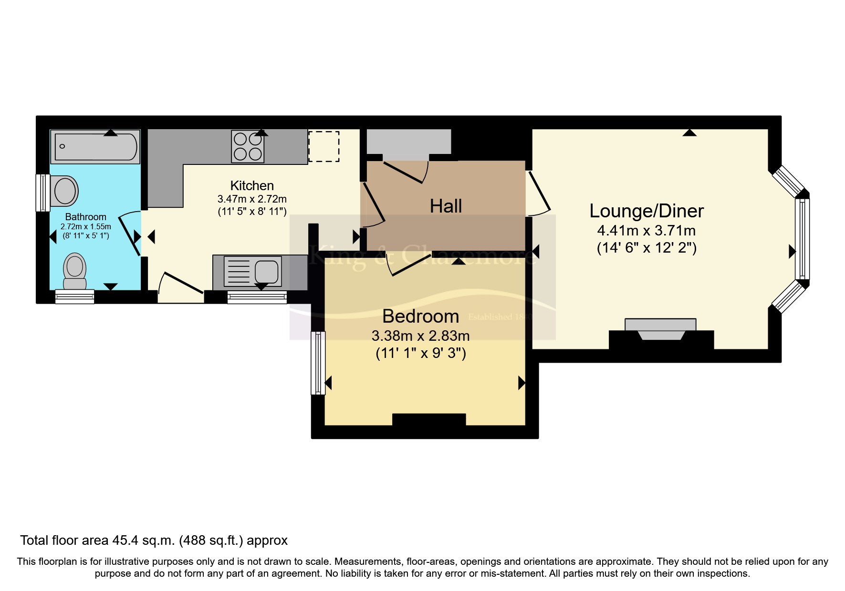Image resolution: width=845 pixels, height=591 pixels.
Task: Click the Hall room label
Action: [446, 206]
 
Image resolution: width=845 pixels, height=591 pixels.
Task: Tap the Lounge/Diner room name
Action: [647, 211]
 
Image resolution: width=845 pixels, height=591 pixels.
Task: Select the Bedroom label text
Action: [420, 316]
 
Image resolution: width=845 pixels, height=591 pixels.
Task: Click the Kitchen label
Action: [252, 185]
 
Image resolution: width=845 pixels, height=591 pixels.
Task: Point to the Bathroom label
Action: [85, 217]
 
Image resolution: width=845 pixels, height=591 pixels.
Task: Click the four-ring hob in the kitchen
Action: [248, 146]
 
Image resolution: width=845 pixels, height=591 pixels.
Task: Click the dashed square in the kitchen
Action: [323, 146]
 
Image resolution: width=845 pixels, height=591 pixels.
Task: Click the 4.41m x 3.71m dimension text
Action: [647, 231]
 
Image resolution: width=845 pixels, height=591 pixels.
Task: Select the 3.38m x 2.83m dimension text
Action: [420, 336]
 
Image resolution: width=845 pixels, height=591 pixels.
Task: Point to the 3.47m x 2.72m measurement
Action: [252, 199]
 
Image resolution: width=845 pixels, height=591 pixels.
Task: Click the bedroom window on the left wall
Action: [318, 363]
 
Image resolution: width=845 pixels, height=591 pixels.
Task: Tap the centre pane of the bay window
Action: [802, 239]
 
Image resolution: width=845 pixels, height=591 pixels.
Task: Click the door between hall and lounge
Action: [539, 193]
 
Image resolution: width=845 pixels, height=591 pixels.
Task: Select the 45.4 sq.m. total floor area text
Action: [154, 540]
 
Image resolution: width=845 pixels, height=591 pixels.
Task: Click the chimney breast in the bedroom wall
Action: [428, 419]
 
